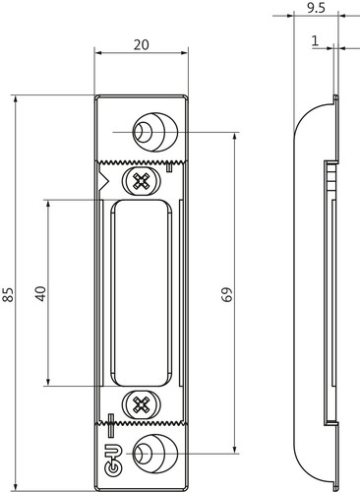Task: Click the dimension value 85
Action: click(8, 294)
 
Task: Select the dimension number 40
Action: click(41, 293)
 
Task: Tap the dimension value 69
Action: click(226, 294)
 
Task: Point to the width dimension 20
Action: click(142, 44)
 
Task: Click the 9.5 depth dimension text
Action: click(316, 8)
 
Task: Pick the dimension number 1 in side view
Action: click(315, 41)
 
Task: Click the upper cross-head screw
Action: click(142, 180)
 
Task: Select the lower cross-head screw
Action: click(142, 404)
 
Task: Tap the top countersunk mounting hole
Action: click(154, 132)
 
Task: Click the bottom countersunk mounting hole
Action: click(154, 454)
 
